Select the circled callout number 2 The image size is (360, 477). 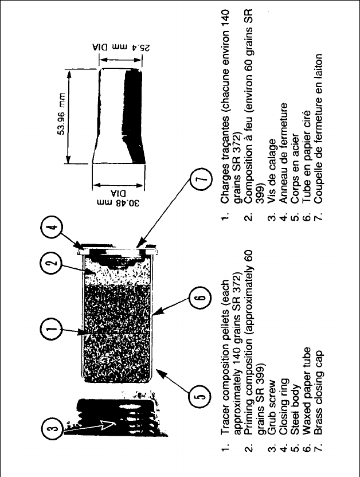tap(51, 265)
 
